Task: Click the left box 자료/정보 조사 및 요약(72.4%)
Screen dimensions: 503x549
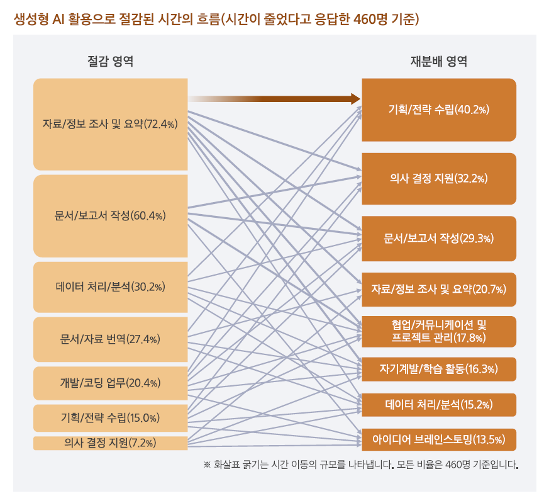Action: point(111,124)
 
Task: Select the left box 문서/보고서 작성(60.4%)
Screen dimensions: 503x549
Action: point(111,216)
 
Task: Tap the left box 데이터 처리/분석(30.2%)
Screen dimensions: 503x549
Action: point(111,287)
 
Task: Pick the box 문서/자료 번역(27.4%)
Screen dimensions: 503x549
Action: point(111,339)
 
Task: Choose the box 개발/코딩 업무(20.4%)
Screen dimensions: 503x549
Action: point(111,383)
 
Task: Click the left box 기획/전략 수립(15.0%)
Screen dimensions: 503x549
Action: point(111,417)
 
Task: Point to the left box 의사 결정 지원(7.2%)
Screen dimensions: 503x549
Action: point(111,443)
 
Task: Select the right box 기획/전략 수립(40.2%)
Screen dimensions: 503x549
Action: point(439,110)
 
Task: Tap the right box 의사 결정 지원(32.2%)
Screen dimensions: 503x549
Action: point(439,179)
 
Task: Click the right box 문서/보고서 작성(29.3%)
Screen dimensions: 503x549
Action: point(439,239)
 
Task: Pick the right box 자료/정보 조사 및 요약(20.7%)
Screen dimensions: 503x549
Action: point(439,290)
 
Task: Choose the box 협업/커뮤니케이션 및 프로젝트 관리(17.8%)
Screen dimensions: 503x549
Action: point(439,332)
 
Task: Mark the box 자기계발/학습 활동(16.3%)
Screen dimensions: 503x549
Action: point(439,369)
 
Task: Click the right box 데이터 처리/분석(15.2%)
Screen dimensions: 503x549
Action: point(439,404)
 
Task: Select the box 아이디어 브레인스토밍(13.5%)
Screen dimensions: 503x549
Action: point(439,439)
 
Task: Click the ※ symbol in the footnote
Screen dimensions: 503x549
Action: point(207,466)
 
